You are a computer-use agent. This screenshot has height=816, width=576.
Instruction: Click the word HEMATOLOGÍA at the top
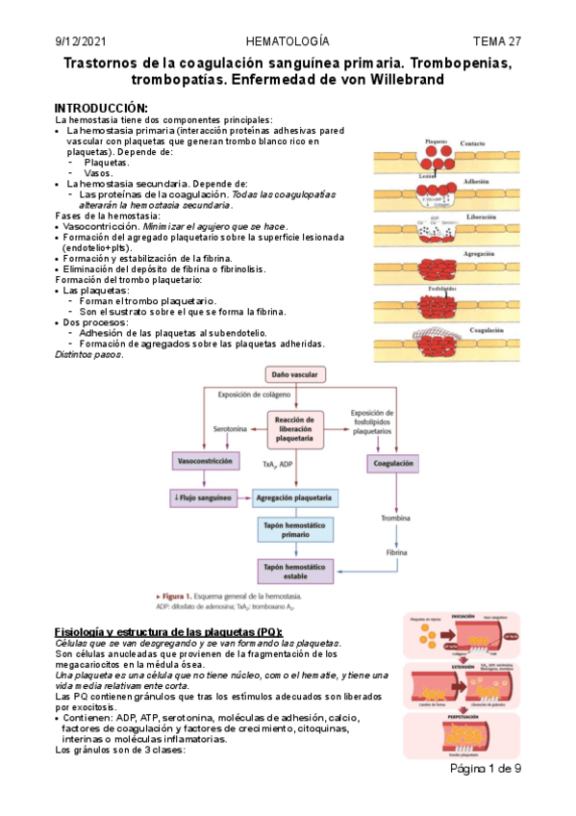[x=288, y=41]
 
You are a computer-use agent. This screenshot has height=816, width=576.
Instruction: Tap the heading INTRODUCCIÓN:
[x=101, y=107]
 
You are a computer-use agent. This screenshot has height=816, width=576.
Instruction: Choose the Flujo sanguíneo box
[x=201, y=497]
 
